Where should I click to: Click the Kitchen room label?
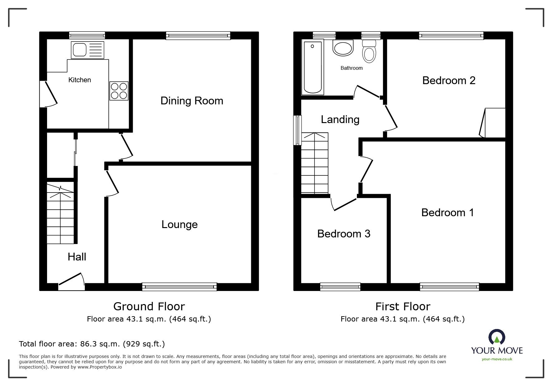click(x=79, y=80)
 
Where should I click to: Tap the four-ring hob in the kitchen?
click(x=119, y=91)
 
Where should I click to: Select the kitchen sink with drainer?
click(x=87, y=50)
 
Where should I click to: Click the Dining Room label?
click(x=192, y=101)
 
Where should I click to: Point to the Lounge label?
click(x=179, y=225)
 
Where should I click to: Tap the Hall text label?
click(x=77, y=257)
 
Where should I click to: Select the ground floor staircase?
click(x=60, y=214)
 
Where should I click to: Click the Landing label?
click(x=340, y=120)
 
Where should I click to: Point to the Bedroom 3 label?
click(x=343, y=234)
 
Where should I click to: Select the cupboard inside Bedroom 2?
click(x=494, y=123)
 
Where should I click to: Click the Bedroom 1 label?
click(x=447, y=213)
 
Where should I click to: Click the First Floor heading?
click(x=402, y=307)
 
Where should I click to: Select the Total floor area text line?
click(x=92, y=344)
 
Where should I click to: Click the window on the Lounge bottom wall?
click(x=179, y=287)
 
